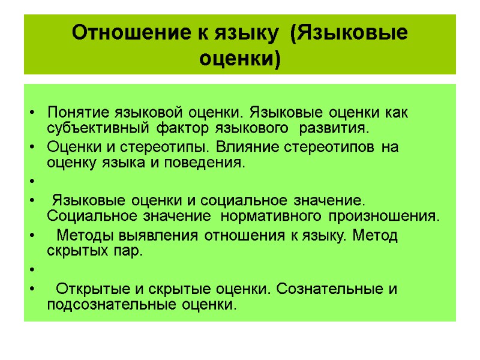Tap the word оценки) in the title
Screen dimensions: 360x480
(x=239, y=59)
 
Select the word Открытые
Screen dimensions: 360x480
(x=88, y=289)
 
